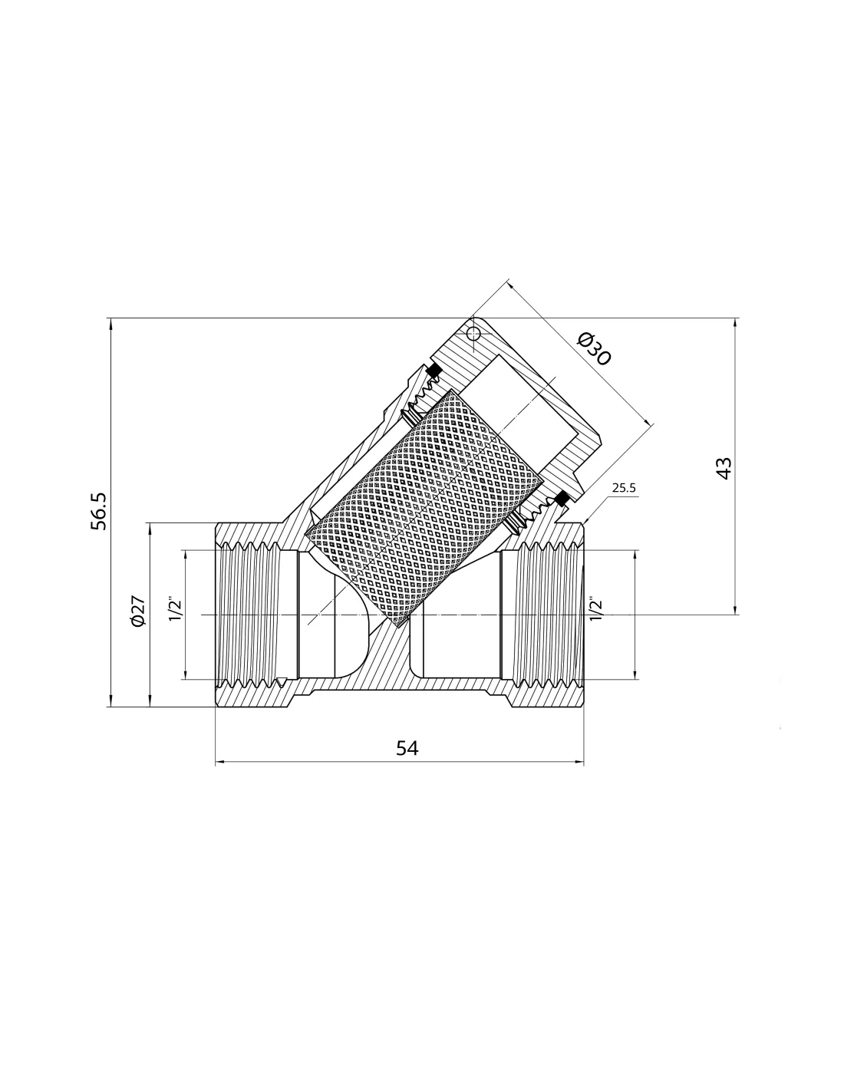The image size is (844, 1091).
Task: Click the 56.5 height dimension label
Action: pyautogui.click(x=98, y=511)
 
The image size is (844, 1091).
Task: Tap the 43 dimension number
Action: pyautogui.click(x=724, y=469)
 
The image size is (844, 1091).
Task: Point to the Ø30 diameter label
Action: pyautogui.click(x=594, y=349)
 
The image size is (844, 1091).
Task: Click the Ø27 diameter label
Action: pyautogui.click(x=137, y=611)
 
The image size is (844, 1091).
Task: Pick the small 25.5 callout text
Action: pyautogui.click(x=624, y=487)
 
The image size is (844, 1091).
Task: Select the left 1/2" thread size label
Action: pyautogui.click(x=175, y=609)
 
